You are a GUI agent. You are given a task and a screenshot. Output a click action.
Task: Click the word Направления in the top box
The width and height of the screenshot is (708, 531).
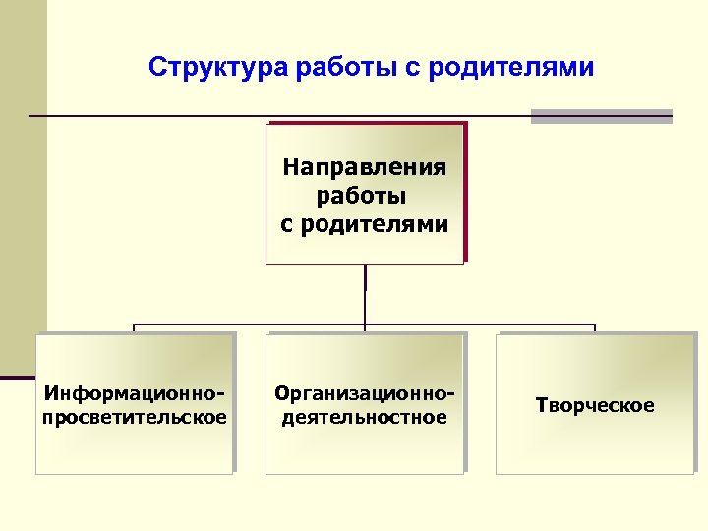364,167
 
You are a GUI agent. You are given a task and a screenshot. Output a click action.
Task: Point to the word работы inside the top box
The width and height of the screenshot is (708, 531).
364,196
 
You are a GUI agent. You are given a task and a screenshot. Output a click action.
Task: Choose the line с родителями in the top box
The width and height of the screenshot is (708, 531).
364,224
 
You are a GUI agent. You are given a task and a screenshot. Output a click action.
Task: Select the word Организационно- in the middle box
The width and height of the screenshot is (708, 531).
365,394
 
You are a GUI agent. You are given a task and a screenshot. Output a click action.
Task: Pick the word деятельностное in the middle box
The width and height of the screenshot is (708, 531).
365,417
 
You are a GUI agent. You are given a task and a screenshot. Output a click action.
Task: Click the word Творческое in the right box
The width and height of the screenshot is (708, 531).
595,405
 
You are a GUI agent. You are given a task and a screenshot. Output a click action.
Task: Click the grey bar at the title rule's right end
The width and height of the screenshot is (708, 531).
601,116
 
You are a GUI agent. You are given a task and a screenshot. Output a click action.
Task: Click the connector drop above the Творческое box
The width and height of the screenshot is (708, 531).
595,329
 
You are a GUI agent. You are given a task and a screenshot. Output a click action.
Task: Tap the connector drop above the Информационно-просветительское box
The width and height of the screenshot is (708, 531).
135,329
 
